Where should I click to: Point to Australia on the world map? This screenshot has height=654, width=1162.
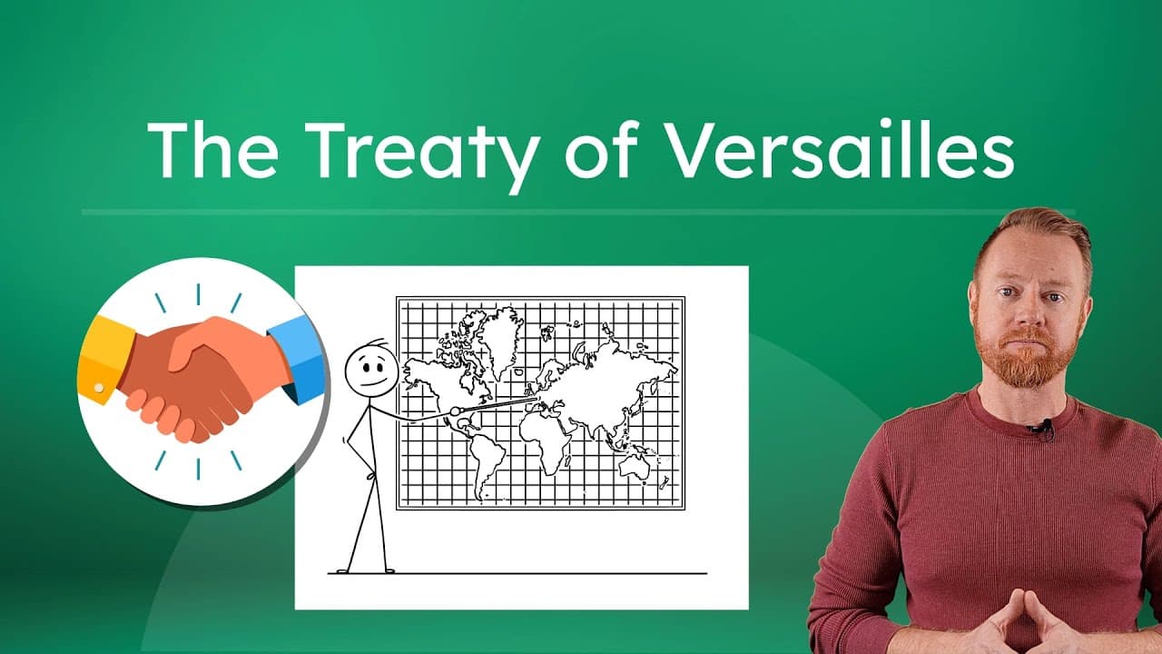coord(635,464)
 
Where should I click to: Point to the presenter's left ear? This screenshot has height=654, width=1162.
coord(1087,303)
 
